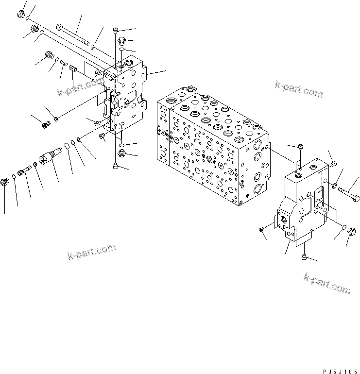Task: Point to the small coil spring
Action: coord(64,63)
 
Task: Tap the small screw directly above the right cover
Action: coord(301,148)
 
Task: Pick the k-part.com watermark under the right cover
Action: coord(326,283)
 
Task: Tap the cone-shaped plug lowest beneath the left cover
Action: coord(115,166)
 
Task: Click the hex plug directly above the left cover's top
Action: coord(121,40)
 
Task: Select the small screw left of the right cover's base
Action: coord(262,229)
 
